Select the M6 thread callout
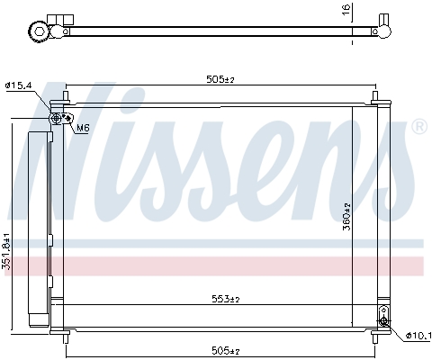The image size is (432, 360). click(82, 128)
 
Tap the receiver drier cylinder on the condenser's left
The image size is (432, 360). click(38, 229)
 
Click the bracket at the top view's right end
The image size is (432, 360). click(383, 30)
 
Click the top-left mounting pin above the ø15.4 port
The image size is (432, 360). click(67, 97)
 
